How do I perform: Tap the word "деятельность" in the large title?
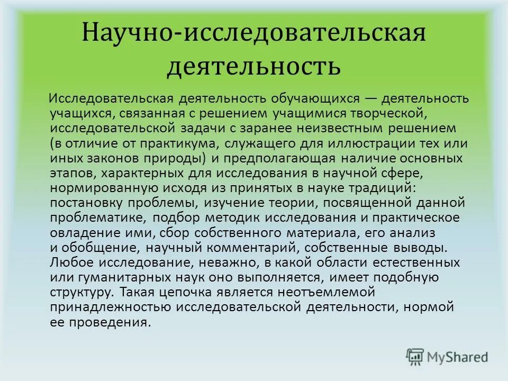pos(253,68)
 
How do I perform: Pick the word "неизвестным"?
pos(347,129)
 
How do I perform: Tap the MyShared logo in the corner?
pos(447,357)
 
